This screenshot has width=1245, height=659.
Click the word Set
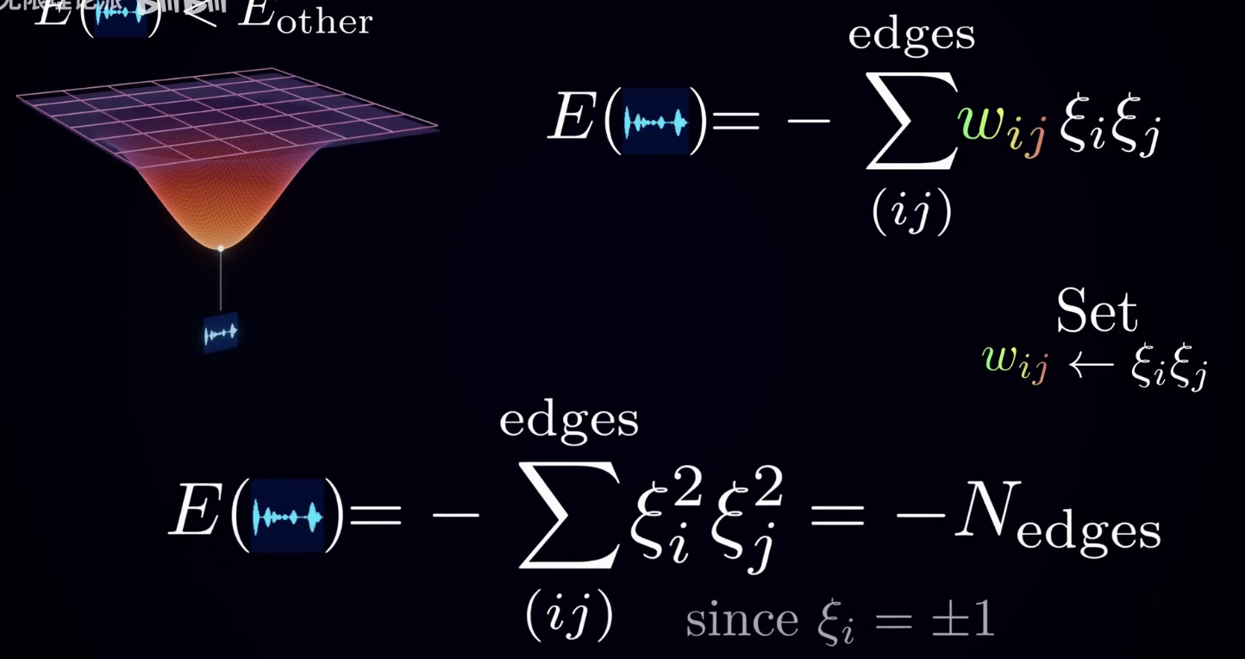(x=1097, y=312)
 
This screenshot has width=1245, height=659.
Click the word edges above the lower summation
(x=569, y=421)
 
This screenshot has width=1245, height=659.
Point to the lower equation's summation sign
(x=569, y=514)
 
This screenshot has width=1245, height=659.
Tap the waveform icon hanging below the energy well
(x=220, y=333)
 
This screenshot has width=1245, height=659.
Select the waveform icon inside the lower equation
(x=286, y=517)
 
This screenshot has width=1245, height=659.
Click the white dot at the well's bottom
(x=221, y=248)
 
